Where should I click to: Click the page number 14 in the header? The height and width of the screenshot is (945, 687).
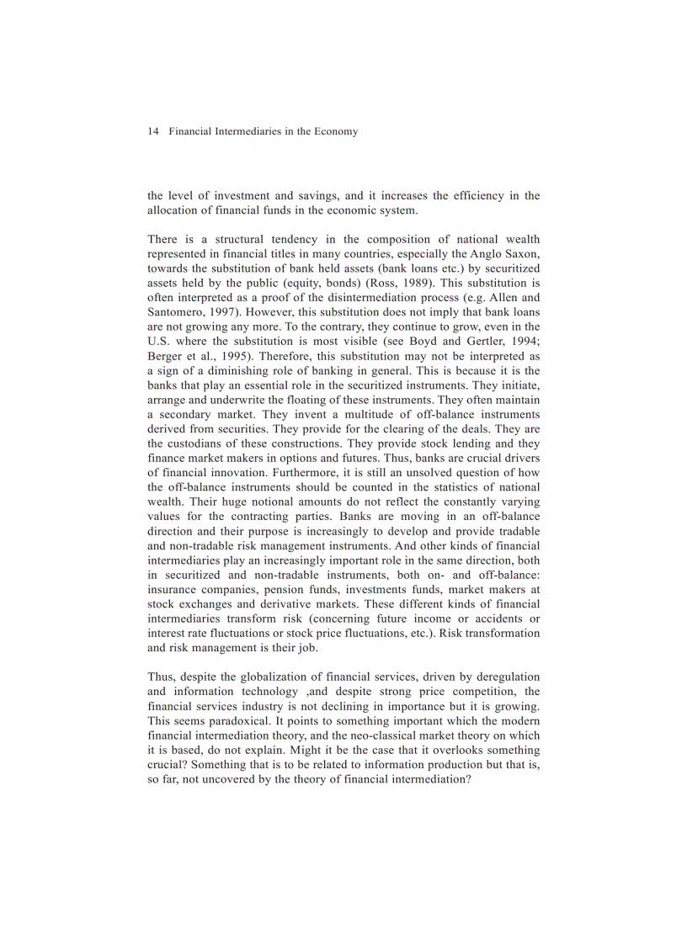click(x=152, y=131)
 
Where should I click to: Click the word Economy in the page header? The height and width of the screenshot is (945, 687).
click(x=335, y=131)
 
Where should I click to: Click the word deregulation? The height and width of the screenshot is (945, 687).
click(x=503, y=677)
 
